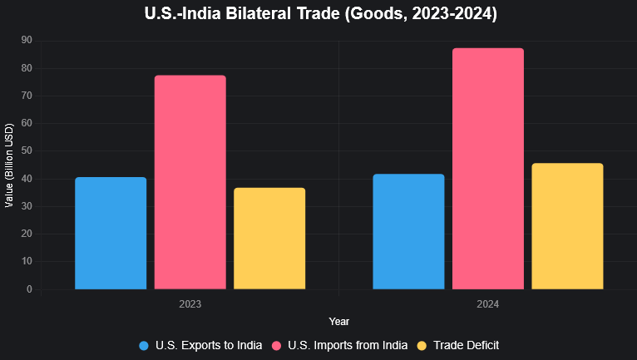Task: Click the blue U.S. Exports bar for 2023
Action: click(x=111, y=233)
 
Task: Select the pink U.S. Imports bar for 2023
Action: click(x=190, y=182)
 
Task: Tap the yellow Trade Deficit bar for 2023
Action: click(x=269, y=239)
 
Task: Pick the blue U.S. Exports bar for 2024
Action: click(x=408, y=231)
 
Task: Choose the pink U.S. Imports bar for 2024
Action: click(x=488, y=169)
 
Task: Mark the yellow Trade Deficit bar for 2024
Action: click(x=567, y=226)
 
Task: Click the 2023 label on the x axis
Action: click(x=190, y=305)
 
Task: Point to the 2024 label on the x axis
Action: click(x=488, y=305)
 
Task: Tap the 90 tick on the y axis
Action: click(x=27, y=40)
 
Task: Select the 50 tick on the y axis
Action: click(x=27, y=150)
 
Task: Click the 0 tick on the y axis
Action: click(x=29, y=289)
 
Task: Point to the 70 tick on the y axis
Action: click(x=27, y=96)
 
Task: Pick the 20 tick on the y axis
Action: click(x=27, y=234)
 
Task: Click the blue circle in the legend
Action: click(x=144, y=345)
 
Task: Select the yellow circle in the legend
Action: click(x=422, y=345)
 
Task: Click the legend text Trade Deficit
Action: click(x=466, y=345)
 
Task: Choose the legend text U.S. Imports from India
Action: click(x=348, y=345)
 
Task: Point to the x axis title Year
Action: click(x=338, y=321)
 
